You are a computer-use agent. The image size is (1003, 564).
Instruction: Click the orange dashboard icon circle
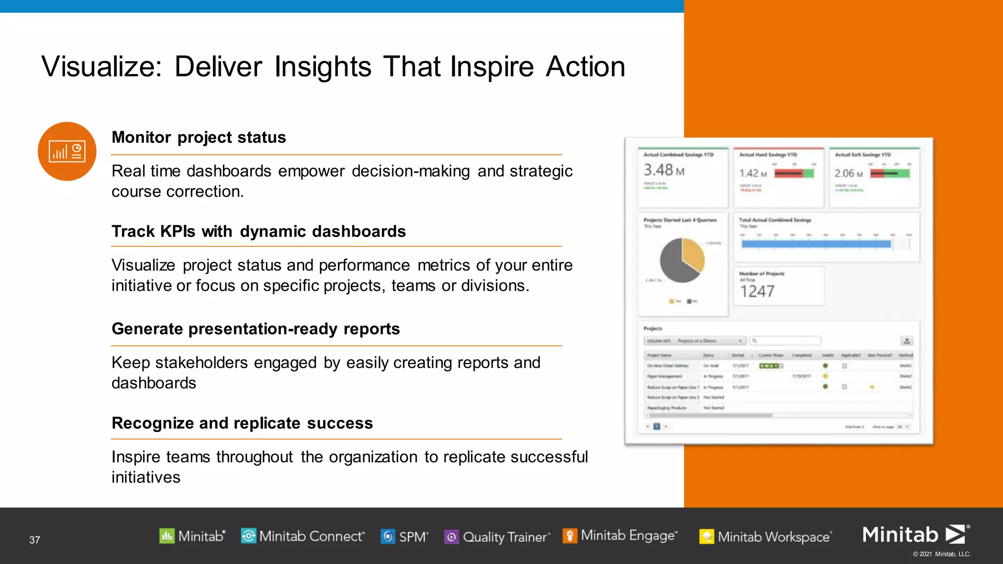coord(67,151)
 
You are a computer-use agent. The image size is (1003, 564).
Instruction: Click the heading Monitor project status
coord(198,138)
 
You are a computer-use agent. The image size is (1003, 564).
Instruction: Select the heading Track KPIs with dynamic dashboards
coord(259,232)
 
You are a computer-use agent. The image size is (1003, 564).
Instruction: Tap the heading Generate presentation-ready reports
coord(256,329)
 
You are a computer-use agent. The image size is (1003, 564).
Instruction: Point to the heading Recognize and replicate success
coord(242,423)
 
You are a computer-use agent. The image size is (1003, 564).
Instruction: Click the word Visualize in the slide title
coord(101,67)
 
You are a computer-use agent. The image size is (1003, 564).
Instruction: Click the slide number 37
coord(34,540)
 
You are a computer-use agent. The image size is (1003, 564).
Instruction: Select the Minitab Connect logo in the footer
coord(303,537)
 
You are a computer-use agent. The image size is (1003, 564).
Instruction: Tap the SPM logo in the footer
coord(405,537)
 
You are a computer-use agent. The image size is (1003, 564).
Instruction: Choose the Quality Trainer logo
coord(497,537)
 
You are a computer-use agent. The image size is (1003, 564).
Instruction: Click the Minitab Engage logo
coord(620,536)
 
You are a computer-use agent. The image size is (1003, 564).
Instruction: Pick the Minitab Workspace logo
coord(765,537)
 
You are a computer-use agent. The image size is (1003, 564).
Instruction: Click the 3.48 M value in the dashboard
coord(664,170)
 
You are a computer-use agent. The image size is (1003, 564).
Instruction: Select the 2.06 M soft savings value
coord(848,173)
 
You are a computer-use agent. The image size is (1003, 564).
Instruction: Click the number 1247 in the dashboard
coord(757,292)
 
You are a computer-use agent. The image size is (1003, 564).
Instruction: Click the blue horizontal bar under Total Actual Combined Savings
coord(815,244)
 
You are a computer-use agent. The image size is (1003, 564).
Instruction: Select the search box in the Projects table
coord(786,341)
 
